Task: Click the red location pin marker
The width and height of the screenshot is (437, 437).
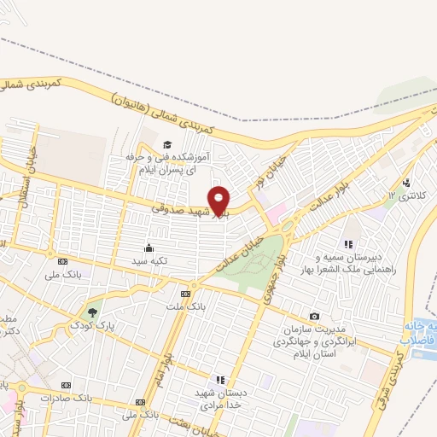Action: pos(219,201)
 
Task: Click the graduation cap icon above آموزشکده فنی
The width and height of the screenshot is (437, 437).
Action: pos(168,143)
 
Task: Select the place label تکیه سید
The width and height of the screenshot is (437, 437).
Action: pos(149,259)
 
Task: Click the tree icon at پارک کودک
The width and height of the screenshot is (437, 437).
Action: pos(92,312)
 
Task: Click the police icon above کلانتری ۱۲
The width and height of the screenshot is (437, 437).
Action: pos(406,182)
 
